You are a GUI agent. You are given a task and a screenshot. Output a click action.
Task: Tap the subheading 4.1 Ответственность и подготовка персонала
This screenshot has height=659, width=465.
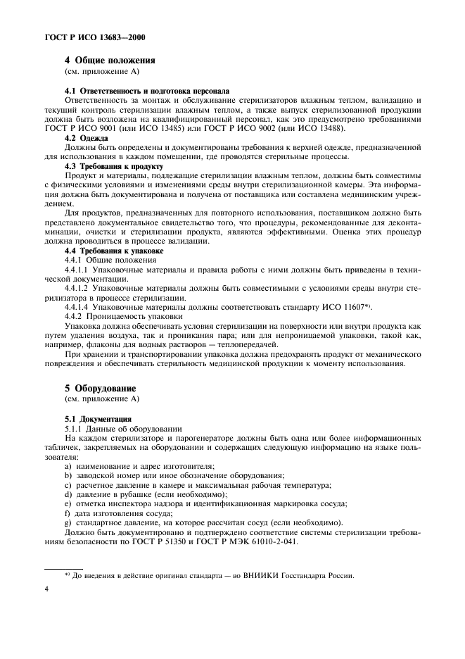146,92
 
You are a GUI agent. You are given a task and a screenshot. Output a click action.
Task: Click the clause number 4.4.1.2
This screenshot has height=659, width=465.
76,287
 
